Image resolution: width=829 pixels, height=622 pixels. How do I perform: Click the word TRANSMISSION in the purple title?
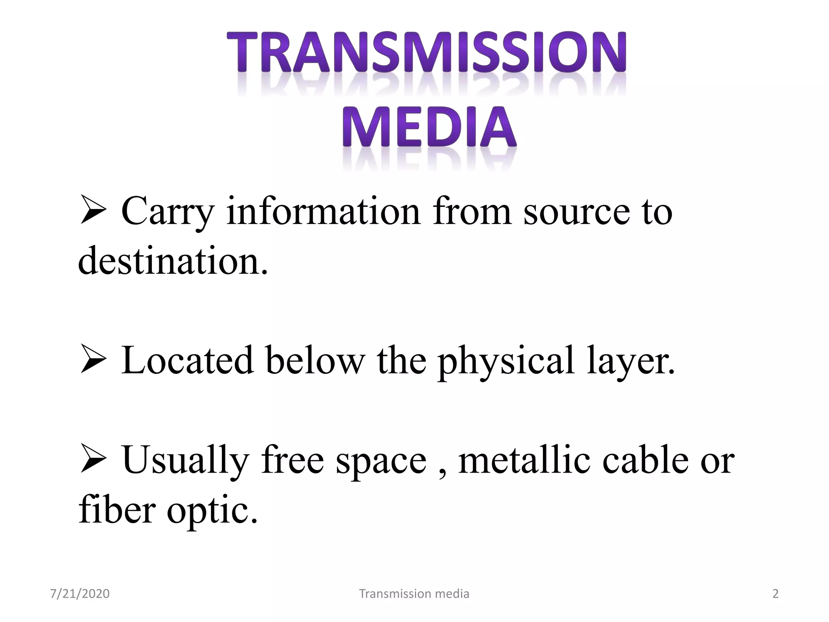(426, 53)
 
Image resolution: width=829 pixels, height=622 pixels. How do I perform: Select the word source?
(576, 211)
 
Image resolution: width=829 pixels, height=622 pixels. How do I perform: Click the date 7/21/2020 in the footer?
(80, 594)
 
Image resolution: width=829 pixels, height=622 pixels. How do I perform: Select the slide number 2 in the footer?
(776, 594)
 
